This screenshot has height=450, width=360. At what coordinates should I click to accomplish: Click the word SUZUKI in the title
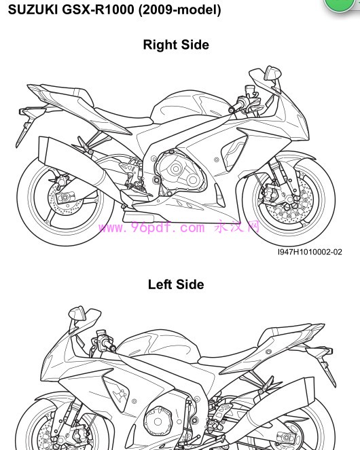[33, 10]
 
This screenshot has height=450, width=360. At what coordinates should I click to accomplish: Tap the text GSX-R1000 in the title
[98, 10]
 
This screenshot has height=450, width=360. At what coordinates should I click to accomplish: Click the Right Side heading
[176, 45]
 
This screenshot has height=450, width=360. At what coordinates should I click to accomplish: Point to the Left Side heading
[176, 284]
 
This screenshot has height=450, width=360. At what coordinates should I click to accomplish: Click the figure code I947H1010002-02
[310, 252]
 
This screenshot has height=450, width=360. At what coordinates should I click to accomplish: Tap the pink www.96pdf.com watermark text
[151, 227]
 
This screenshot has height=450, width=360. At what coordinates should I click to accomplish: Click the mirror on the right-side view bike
[272, 73]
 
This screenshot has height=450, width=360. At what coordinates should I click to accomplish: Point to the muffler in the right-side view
[72, 163]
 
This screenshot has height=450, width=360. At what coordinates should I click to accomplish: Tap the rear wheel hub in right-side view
[65, 198]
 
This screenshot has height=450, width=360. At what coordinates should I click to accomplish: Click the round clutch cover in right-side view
[175, 169]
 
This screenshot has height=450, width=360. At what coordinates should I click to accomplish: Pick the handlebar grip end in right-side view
[231, 110]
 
